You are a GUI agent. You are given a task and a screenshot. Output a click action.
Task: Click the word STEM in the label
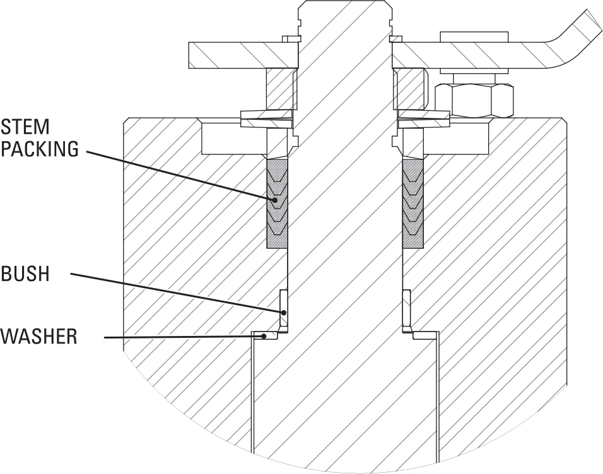coord(25,127)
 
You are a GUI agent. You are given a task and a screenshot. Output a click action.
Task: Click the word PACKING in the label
coord(39,149)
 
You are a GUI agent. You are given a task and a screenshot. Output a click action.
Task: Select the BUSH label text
coord(25,275)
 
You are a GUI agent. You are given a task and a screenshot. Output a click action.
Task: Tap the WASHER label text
coord(39,337)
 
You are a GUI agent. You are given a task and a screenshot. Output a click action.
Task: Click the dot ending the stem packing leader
coord(275,200)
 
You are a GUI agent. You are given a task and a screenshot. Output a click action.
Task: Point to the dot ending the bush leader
coord(283,311)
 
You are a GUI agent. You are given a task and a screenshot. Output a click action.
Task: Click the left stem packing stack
coord(277,203)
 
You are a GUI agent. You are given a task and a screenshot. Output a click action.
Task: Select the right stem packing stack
coord(413,203)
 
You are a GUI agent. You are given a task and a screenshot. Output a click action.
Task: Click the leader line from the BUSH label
coord(177,292)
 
